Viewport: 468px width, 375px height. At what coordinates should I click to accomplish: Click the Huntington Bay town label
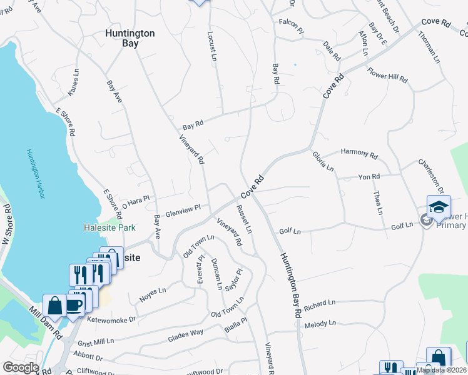point(130,39)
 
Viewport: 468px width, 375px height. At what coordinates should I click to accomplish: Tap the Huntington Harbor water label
point(35,174)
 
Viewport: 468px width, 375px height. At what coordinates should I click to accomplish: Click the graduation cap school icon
point(439,207)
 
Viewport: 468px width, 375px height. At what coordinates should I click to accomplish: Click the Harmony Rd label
point(359,153)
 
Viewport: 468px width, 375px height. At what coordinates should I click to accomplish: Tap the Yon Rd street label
point(369,177)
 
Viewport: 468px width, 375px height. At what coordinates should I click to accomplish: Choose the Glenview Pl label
point(183,210)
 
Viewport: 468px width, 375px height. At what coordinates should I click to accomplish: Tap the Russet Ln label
point(245,219)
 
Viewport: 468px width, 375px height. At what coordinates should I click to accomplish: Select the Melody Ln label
point(320,324)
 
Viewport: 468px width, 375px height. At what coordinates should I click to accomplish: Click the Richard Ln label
point(320,304)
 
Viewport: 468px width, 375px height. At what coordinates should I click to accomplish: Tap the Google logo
point(21,367)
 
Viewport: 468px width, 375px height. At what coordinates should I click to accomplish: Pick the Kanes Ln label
point(75,84)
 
